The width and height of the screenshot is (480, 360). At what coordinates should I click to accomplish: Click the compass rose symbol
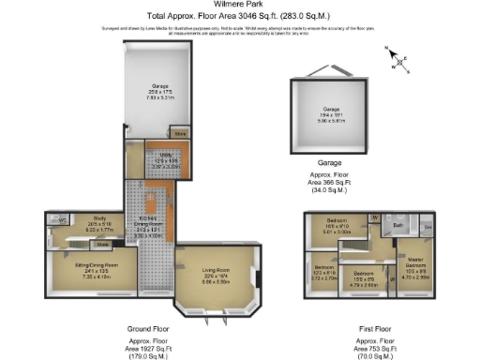point(400,62)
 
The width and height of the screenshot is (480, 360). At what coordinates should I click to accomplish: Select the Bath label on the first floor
point(397,225)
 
